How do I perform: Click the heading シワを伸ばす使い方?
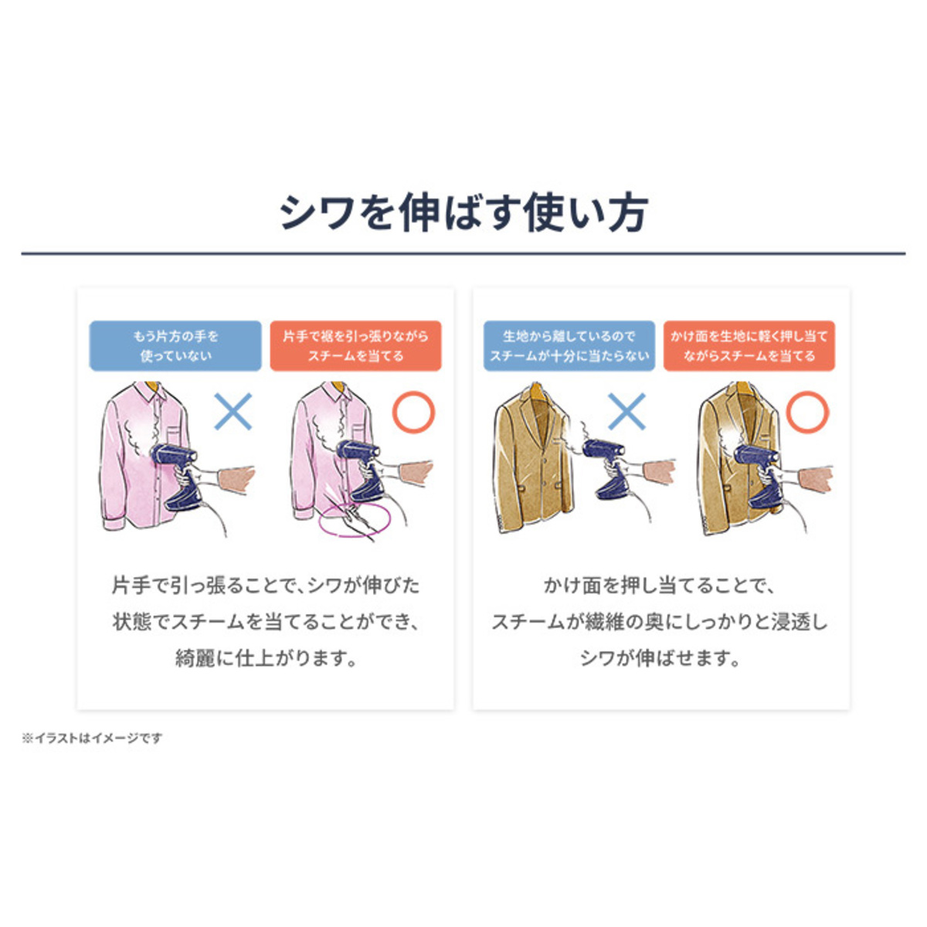(464, 213)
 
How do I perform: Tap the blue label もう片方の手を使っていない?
(175, 346)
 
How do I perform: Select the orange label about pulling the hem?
(355, 346)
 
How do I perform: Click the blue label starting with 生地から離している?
(569, 346)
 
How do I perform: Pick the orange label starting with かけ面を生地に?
(749, 346)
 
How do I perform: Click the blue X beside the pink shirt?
(233, 411)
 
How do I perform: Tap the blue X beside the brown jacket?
(626, 411)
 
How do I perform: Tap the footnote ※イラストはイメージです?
(91, 739)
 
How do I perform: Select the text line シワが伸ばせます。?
(660, 659)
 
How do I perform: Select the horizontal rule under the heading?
(463, 253)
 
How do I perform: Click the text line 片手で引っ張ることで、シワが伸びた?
(266, 586)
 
